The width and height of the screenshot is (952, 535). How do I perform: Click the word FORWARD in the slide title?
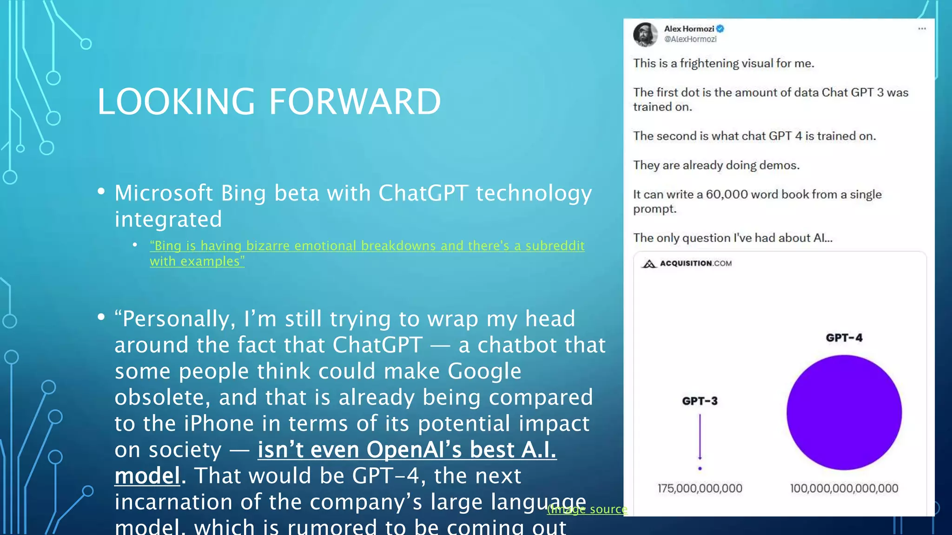click(x=355, y=102)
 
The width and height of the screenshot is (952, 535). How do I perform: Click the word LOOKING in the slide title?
click(x=176, y=102)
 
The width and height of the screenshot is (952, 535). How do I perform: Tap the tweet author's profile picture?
click(x=645, y=34)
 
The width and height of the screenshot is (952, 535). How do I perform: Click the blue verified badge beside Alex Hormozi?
click(x=720, y=29)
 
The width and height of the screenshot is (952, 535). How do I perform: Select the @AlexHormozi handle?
click(x=690, y=39)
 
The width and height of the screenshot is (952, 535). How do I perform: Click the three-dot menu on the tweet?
click(x=922, y=29)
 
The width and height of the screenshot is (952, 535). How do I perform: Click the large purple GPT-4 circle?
click(x=844, y=412)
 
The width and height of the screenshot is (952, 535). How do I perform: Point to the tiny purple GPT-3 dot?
click(x=700, y=469)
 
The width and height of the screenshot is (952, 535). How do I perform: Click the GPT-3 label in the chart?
click(x=700, y=401)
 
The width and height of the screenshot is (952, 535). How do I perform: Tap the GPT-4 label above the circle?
click(x=844, y=338)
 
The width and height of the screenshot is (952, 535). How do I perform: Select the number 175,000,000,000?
click(x=700, y=488)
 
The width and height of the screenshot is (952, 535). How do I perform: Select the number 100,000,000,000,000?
click(x=844, y=488)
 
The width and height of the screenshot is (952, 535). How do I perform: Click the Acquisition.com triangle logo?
click(x=649, y=264)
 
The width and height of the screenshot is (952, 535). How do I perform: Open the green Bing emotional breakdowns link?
click(x=367, y=246)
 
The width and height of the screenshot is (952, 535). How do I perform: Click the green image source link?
click(x=588, y=509)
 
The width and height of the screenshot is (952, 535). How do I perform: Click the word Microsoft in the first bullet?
click(x=164, y=193)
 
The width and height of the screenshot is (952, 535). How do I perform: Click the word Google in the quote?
click(x=484, y=371)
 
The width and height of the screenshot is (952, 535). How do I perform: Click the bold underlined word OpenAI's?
click(x=414, y=450)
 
